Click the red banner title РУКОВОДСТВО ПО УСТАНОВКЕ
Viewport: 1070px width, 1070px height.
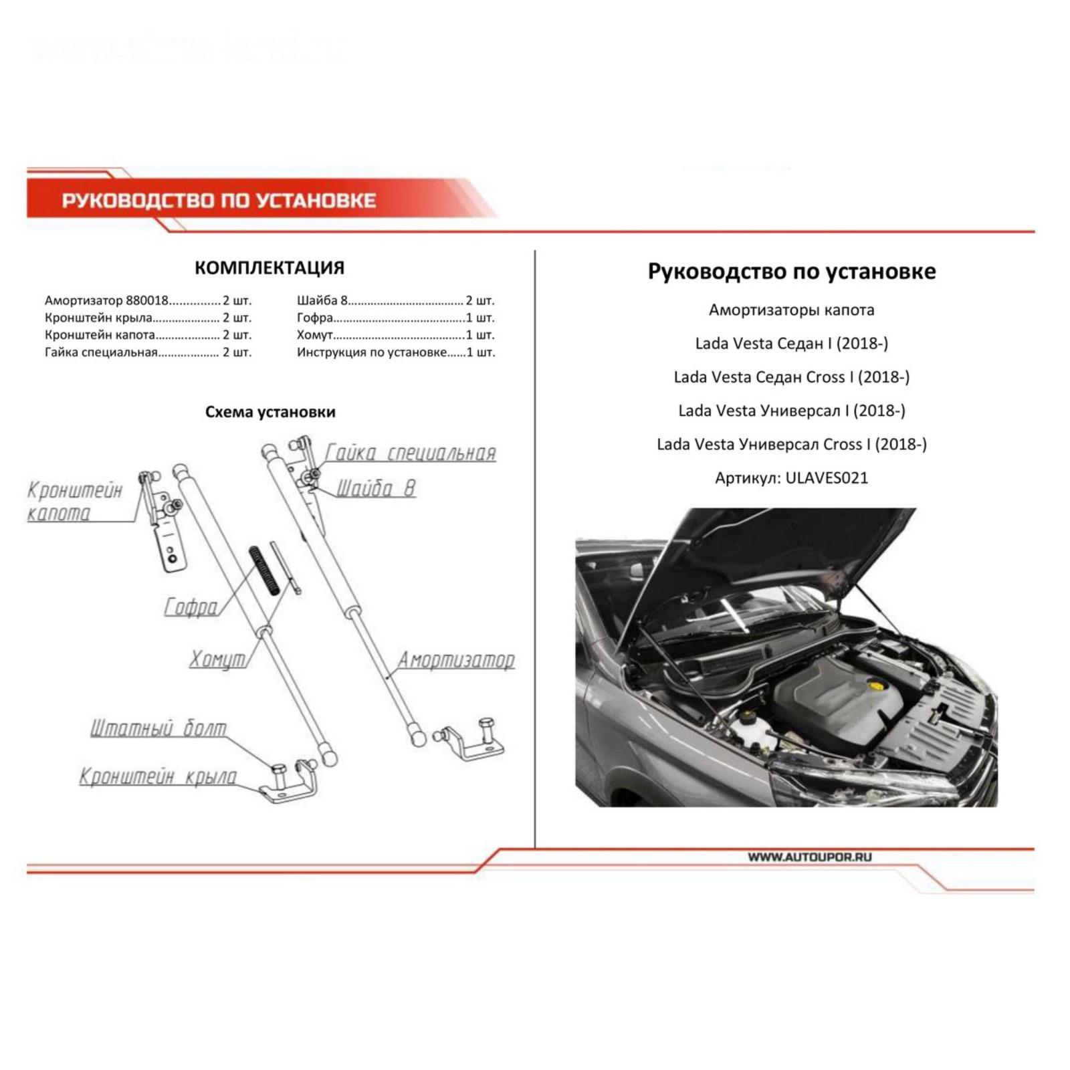pyautogui.click(x=219, y=201)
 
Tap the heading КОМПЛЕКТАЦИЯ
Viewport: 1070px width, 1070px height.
pyautogui.click(x=270, y=268)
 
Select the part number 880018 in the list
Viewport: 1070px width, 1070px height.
pyautogui.click(x=148, y=301)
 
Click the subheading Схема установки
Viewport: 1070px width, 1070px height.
pyautogui.click(x=270, y=412)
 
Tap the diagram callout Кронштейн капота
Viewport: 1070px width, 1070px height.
pyautogui.click(x=75, y=502)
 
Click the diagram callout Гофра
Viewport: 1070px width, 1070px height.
pyautogui.click(x=191, y=607)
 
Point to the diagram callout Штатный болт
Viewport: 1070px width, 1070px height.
pyautogui.click(x=158, y=728)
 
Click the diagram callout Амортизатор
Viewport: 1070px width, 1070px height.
pyautogui.click(x=457, y=660)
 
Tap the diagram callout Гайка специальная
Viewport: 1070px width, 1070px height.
pyautogui.click(x=411, y=453)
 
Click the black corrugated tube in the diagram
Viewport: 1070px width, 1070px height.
pyautogui.click(x=264, y=570)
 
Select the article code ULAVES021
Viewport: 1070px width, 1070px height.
pyautogui.click(x=827, y=478)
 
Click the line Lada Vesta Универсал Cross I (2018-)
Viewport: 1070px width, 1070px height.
pyautogui.click(x=792, y=444)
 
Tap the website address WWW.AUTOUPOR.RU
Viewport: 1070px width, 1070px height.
pyautogui.click(x=810, y=857)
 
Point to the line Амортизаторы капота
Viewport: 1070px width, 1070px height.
pyautogui.click(x=792, y=310)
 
